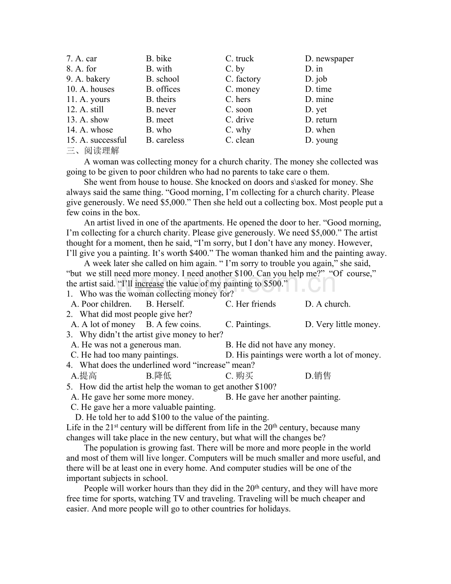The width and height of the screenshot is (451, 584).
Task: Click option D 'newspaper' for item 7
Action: pyautogui.click(x=329, y=59)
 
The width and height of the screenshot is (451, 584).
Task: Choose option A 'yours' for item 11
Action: pyautogui.click(x=95, y=100)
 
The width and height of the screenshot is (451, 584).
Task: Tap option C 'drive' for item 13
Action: pyautogui.click(x=240, y=120)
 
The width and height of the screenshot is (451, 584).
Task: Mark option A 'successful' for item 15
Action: pyautogui.click(x=103, y=140)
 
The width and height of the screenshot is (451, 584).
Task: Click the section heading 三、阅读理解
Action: pyautogui.click(x=93, y=151)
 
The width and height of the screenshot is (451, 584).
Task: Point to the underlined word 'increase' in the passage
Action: pyautogui.click(x=149, y=284)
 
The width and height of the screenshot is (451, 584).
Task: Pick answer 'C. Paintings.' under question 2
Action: pyautogui.click(x=248, y=325)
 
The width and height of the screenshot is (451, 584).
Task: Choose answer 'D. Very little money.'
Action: pyautogui.click(x=343, y=325)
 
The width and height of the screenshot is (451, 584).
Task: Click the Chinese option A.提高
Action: pyautogui.click(x=84, y=376)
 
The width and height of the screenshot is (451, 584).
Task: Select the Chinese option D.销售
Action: pyautogui.click(x=318, y=376)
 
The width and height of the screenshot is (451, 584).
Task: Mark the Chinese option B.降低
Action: pyautogui.click(x=159, y=376)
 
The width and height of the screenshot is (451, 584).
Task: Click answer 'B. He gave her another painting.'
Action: pyautogui.click(x=283, y=397)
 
